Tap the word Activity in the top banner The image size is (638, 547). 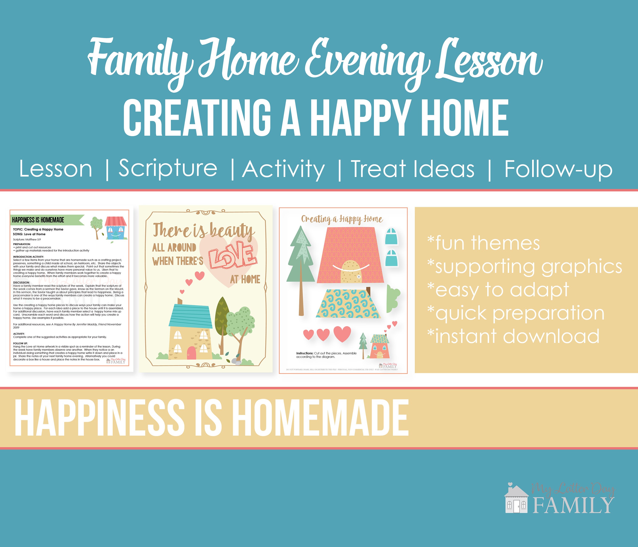(x=283, y=169)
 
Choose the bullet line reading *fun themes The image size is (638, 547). (x=483, y=243)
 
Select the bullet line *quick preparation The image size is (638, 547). (x=516, y=313)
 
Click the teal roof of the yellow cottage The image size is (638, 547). (x=191, y=316)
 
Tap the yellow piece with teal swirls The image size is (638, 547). (x=348, y=303)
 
